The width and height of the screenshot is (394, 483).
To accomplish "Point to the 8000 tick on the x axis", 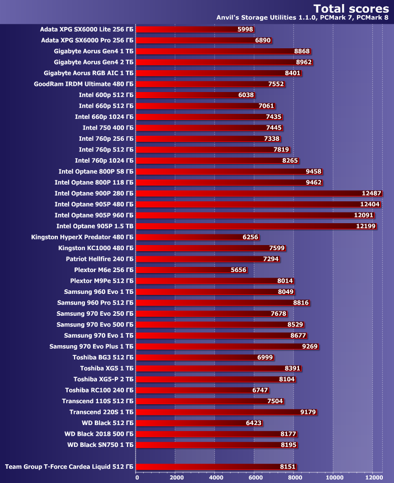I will (x=294, y=477).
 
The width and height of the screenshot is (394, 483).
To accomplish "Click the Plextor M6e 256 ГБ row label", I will (x=104, y=270).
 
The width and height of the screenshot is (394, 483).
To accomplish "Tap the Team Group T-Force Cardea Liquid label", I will (x=69, y=467).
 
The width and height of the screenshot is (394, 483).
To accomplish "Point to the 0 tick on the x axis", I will (x=137, y=477).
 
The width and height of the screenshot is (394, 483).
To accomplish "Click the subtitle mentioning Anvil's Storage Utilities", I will (x=303, y=18).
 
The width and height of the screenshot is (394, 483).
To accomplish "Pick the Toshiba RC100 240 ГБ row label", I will (x=100, y=390).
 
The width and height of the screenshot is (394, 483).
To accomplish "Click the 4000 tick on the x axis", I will (x=215, y=477).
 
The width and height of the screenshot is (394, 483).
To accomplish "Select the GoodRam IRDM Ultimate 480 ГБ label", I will (x=84, y=84).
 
